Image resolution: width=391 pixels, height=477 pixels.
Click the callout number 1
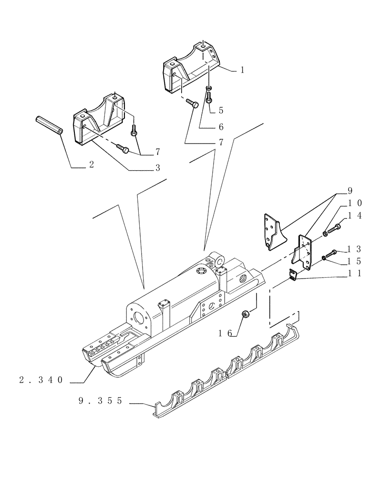click(242, 70)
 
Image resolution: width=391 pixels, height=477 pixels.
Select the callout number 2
click(91, 165)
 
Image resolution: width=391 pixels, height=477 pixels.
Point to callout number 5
click(221, 110)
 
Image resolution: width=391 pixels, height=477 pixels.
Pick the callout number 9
click(350, 191)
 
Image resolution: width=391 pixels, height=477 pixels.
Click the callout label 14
click(355, 216)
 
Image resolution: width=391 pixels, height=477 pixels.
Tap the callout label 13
click(355, 249)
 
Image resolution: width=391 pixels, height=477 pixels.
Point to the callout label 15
click(355, 261)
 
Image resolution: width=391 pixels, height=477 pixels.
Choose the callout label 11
click(355, 274)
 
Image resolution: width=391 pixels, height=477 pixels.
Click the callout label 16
click(226, 333)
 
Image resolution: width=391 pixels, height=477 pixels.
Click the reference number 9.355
click(101, 402)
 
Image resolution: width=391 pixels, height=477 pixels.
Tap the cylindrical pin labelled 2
click(49, 126)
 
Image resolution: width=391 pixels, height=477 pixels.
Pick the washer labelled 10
click(324, 233)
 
